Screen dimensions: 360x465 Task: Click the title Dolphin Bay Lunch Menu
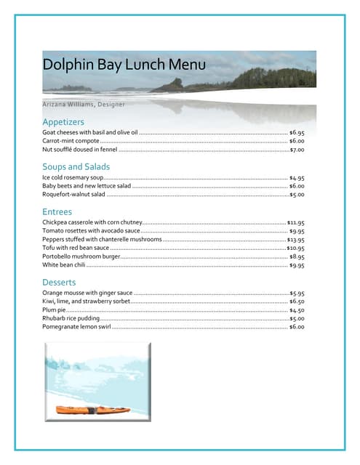pyautogui.click(x=124, y=65)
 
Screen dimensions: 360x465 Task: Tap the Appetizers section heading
pyautogui.click(x=63, y=121)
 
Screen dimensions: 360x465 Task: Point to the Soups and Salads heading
pyautogui.click(x=76, y=167)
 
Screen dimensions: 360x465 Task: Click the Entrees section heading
pyautogui.click(x=57, y=211)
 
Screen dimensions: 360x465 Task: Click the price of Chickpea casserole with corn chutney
pyautogui.click(x=295, y=223)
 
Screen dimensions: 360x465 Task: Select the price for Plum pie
pyautogui.click(x=297, y=310)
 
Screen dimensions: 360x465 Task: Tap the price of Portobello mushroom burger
pyautogui.click(x=297, y=257)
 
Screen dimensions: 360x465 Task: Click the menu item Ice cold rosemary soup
pyautogui.click(x=73, y=177)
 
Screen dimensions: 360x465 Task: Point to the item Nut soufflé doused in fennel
pyautogui.click(x=80, y=150)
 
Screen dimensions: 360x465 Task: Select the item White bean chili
pyautogui.click(x=64, y=266)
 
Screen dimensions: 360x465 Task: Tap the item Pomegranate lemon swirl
pyautogui.click(x=76, y=328)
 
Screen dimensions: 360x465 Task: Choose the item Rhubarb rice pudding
pyautogui.click(x=71, y=319)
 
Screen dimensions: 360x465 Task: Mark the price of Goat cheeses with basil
pyautogui.click(x=297, y=133)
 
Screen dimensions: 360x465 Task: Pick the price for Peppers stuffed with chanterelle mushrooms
pyautogui.click(x=295, y=240)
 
